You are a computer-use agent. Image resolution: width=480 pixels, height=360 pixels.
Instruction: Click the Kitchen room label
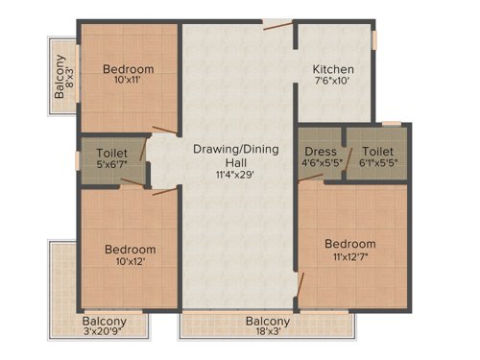tap(333, 70)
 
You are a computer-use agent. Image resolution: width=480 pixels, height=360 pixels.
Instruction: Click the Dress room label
tap(320, 152)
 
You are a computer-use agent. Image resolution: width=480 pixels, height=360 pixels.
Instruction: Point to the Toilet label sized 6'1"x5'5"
tap(378, 152)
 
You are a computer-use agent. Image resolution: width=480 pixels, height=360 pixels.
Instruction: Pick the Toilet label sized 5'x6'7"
tap(112, 153)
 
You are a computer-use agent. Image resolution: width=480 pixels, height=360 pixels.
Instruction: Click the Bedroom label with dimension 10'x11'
tap(129, 69)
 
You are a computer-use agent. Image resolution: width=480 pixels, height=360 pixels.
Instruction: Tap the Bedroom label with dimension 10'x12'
tap(130, 250)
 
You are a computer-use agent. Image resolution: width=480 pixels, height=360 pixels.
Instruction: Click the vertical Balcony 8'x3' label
tap(60, 77)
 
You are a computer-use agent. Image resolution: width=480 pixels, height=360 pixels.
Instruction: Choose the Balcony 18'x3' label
tap(268, 322)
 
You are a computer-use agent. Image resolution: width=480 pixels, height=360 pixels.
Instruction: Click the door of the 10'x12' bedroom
tap(164, 191)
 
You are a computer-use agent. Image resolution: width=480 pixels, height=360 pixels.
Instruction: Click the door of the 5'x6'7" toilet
tap(144, 148)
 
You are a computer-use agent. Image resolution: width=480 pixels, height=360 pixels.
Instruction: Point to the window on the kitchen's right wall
tap(375, 39)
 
